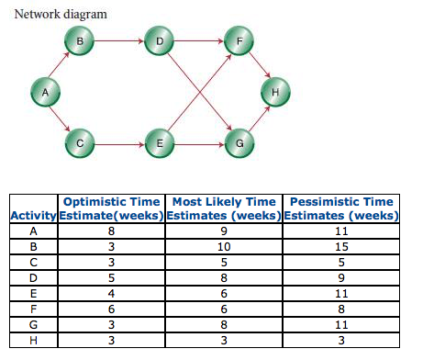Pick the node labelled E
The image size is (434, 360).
pyautogui.click(x=160, y=143)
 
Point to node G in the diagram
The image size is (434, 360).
pyautogui.click(x=239, y=143)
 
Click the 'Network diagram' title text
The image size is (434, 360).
pyautogui.click(x=61, y=15)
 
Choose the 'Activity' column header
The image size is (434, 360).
pyautogui.click(x=34, y=216)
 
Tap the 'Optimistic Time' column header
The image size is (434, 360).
pyautogui.click(x=111, y=201)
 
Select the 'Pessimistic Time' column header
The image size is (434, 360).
pyautogui.click(x=340, y=201)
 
